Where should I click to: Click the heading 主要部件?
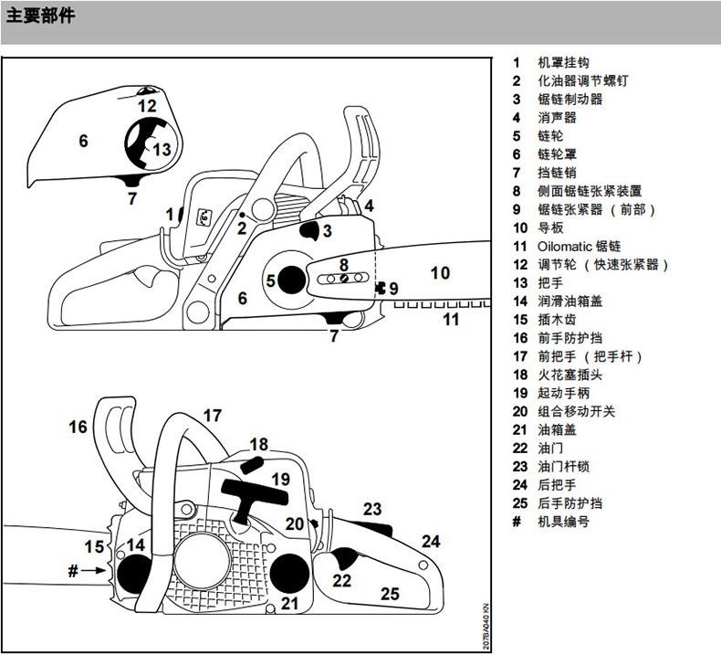coord(40,17)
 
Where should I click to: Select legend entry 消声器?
coord(557,118)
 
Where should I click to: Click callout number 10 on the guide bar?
coord(440,272)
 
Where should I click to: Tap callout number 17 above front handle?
coord(212,417)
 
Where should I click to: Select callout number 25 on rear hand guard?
coord(390,594)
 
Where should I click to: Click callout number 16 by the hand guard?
coord(78,427)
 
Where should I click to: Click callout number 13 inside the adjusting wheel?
coord(162,149)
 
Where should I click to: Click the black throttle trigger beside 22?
coord(344,559)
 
